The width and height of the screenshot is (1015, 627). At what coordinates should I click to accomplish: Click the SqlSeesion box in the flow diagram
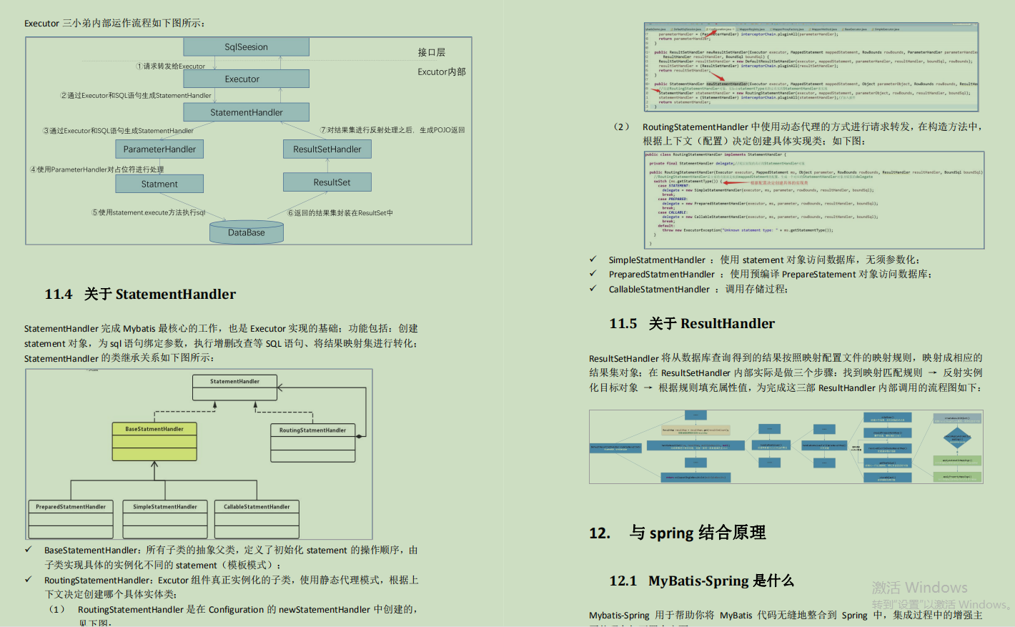[246, 47]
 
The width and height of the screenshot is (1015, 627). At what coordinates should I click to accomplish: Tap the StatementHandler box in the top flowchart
[246, 112]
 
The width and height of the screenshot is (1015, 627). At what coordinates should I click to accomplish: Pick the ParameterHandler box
[159, 149]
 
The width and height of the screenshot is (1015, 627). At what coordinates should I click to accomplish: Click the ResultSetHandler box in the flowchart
[327, 149]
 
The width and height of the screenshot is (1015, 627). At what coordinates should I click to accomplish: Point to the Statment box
[159, 184]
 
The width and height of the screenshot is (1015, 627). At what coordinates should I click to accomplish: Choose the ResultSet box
[327, 182]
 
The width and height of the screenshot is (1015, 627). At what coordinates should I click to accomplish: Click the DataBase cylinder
[247, 232]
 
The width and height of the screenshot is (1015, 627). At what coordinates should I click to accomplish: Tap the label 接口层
[432, 52]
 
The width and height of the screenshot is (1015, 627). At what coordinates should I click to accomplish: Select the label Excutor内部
[442, 71]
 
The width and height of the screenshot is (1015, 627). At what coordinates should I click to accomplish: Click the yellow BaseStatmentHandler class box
[154, 440]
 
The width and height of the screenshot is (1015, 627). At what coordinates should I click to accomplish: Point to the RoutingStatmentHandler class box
[312, 443]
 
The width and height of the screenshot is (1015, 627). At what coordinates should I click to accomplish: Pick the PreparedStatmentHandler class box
[71, 518]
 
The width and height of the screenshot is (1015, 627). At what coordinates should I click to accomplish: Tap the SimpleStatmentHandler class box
[165, 518]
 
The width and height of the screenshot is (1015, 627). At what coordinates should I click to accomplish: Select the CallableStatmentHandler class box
[257, 518]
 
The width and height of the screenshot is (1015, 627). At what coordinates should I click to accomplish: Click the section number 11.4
[59, 295]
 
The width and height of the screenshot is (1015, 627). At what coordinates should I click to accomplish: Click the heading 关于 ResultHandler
[711, 324]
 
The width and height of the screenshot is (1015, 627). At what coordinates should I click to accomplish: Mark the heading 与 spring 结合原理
[698, 533]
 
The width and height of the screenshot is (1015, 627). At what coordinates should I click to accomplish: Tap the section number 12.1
[623, 581]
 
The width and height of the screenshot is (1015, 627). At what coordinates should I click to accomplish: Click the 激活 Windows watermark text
[919, 588]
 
